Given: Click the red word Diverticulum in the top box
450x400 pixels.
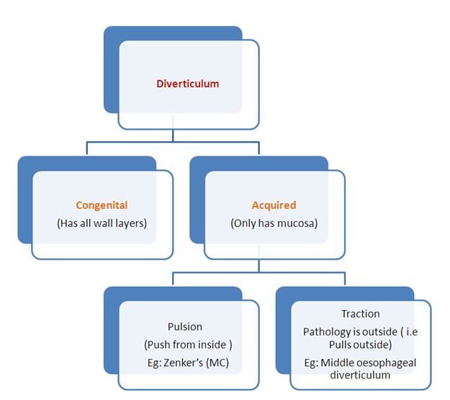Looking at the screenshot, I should [x=187, y=84].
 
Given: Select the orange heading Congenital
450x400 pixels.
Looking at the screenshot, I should [x=102, y=205].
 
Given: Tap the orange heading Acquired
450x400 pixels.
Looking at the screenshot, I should [x=274, y=205].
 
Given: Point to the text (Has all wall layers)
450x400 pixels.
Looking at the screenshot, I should [x=102, y=223].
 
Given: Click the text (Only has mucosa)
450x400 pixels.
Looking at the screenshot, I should [x=274, y=223].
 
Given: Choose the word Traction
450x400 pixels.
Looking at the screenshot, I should [x=360, y=314].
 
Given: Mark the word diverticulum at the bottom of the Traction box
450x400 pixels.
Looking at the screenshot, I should [x=360, y=375].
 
